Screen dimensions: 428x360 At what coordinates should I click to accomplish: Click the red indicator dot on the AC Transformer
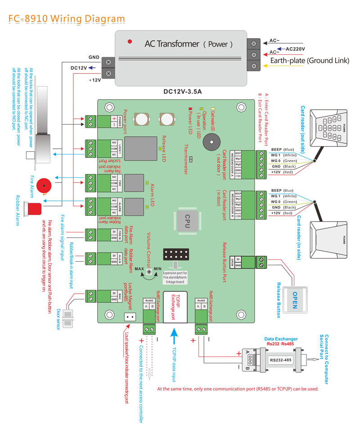pyautogui.click(x=130, y=42)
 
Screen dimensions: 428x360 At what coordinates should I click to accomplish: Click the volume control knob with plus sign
pyautogui.click(x=148, y=267)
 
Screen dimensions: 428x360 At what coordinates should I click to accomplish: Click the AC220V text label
pyautogui.click(x=296, y=49)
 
